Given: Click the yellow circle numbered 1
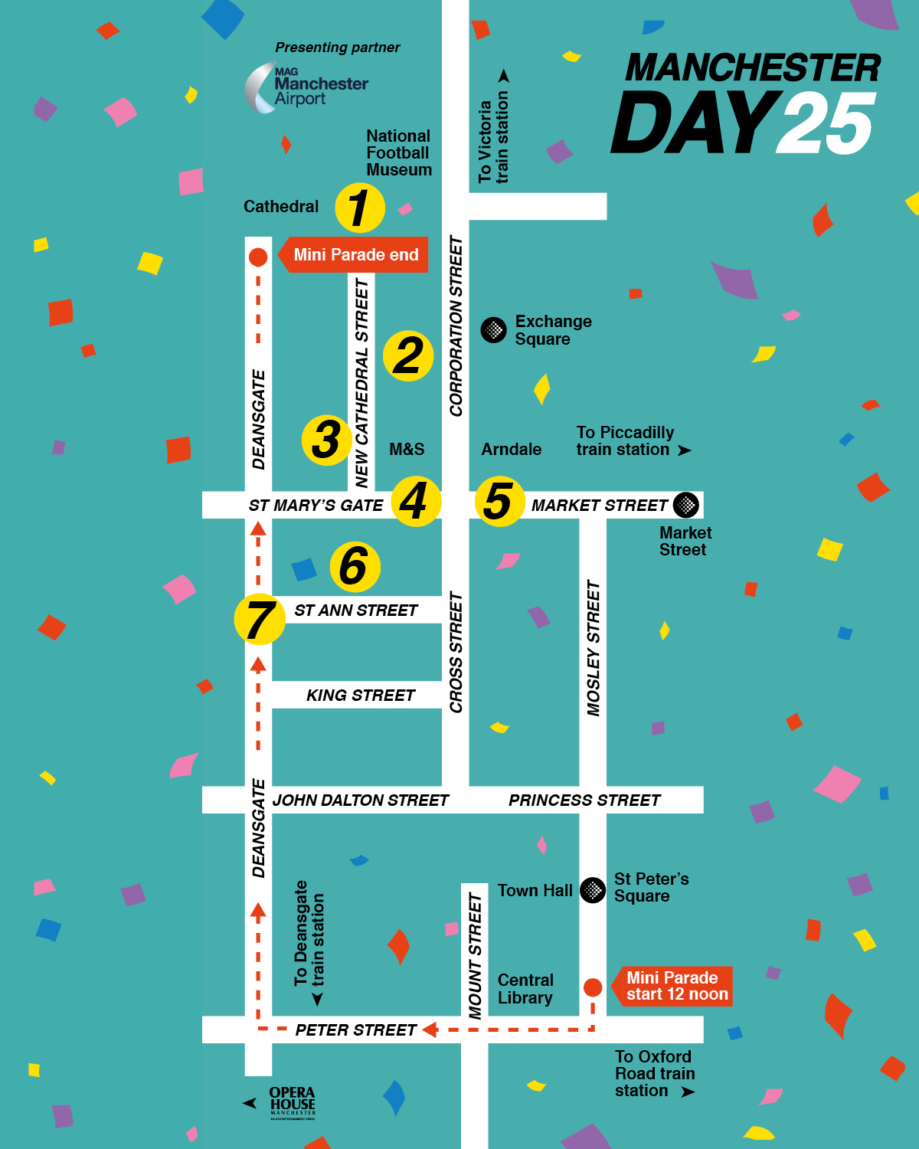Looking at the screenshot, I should pos(360,208).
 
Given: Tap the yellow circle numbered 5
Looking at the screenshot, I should pos(499,502).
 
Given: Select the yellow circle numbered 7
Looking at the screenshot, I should pos(260,619).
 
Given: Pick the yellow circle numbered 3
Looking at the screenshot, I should pos(327,440).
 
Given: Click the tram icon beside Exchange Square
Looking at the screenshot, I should pos(494,330).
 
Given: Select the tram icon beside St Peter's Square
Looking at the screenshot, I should pos(593,890).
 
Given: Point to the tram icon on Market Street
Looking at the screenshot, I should pos(686,505).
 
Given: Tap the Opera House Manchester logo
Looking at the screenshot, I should pos(292,1103).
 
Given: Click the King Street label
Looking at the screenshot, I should pos(361,696).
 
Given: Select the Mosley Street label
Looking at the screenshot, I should pos(594,648).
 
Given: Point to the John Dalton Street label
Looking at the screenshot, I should pos(361,800).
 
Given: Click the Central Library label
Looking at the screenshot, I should pos(525,989).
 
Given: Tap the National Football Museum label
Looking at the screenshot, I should pos(398,152).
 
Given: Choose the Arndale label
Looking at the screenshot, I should pos(511,450).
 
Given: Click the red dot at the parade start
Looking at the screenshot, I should pos(593,987).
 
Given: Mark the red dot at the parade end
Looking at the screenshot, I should pos(258,257).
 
